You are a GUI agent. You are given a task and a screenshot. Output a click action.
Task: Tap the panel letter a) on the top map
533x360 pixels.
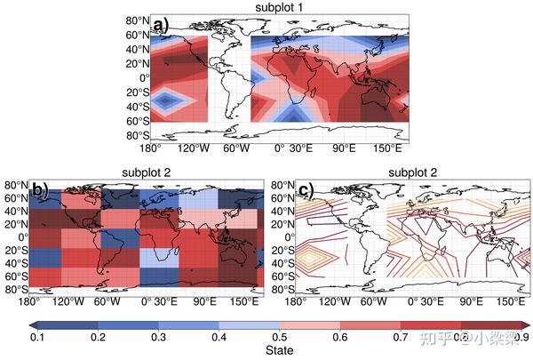161,25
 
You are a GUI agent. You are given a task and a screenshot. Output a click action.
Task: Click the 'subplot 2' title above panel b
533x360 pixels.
146,172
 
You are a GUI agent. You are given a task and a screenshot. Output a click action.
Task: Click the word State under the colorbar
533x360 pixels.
279,351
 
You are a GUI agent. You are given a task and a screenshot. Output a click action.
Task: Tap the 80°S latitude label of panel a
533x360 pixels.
136,135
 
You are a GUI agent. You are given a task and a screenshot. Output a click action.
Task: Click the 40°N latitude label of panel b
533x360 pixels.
15,211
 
